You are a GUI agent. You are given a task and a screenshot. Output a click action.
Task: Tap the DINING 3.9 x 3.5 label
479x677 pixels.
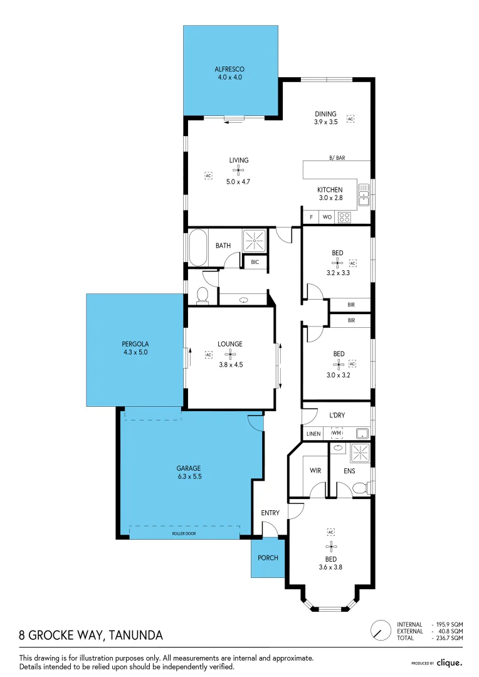[325, 118]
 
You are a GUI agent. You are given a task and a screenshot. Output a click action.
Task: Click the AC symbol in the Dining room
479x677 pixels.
[351, 118]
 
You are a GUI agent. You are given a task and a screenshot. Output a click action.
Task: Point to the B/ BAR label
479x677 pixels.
[337, 158]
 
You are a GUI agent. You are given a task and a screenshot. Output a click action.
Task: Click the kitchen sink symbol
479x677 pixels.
[363, 196]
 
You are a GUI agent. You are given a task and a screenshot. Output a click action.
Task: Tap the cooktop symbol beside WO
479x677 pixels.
[344, 218]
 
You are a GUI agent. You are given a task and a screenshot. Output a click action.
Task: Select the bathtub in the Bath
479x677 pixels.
[198, 247]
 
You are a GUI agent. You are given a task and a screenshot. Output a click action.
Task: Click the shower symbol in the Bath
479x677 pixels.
[255, 239]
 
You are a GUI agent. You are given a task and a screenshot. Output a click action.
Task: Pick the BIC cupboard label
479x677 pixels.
[255, 262]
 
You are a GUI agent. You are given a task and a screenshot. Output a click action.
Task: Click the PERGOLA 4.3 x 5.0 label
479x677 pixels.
[135, 348]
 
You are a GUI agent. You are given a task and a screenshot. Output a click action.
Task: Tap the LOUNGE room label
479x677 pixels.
[230, 344]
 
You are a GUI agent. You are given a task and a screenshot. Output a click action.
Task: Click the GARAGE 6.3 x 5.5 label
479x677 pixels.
[189, 472]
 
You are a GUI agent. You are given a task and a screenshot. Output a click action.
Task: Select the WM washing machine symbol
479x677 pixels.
[337, 433]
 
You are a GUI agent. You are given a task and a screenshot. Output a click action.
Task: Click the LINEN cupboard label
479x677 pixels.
[313, 434]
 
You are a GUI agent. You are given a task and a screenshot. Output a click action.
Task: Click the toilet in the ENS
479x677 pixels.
[359, 489]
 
